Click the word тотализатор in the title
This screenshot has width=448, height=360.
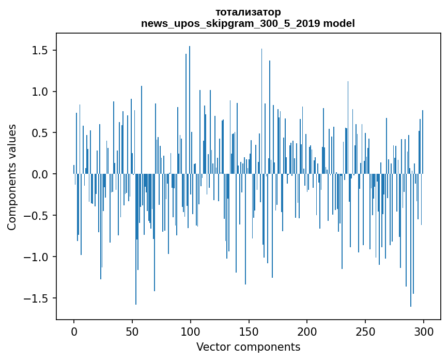248,12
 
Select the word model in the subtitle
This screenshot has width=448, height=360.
339,23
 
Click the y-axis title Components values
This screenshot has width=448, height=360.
12,177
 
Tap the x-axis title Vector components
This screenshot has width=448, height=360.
248,347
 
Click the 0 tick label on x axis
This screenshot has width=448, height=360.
74,331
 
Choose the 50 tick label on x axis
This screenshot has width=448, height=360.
132,331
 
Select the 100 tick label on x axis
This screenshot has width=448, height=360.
191,331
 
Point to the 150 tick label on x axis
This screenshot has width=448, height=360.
249,331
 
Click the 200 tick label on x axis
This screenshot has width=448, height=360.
307,331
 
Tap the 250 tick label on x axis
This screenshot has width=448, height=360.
365,331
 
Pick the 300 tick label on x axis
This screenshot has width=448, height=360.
424,331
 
